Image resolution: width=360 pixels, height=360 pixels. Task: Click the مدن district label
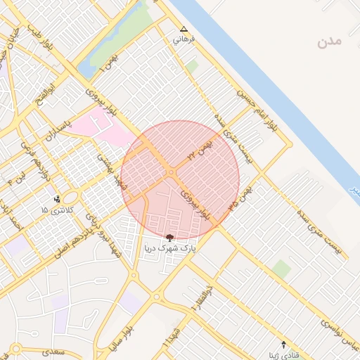(x=328, y=41)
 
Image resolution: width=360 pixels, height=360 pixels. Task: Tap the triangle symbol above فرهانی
(x=184, y=30)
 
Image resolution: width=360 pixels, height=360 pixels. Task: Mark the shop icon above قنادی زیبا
(x=283, y=344)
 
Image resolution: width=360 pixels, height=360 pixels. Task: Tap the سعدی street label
(x=53, y=351)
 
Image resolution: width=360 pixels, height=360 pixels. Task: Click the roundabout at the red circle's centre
(x=172, y=173)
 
